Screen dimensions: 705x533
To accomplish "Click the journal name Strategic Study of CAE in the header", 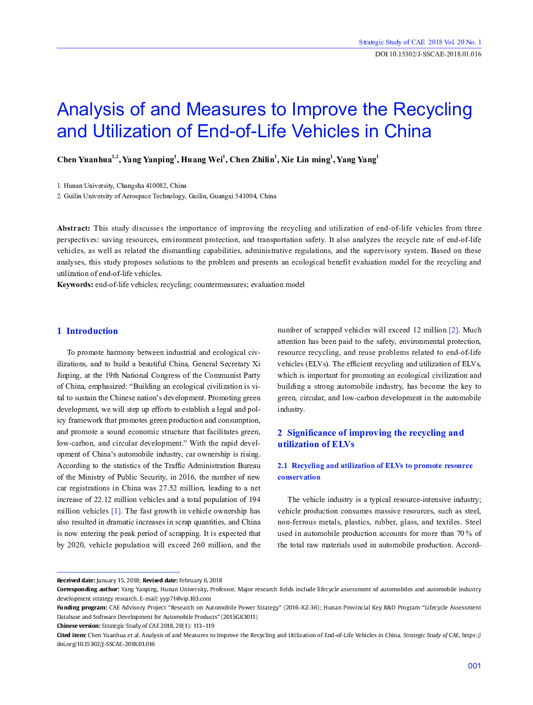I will [391, 42].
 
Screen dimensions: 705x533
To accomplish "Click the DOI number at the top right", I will [428, 54].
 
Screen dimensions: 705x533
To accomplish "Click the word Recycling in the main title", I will [432, 110].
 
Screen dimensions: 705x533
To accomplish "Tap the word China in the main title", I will [408, 132].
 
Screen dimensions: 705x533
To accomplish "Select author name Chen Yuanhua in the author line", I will [84, 160].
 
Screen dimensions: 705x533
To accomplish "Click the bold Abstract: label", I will [74, 229].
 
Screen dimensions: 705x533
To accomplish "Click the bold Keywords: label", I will [75, 285].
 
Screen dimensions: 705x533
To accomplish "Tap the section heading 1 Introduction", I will [87, 331].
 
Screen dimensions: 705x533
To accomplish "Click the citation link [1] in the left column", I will [116, 511].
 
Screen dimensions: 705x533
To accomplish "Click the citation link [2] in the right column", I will [454, 330].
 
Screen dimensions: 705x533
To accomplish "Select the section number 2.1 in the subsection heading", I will [282, 466].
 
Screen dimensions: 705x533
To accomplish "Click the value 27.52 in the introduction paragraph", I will [168, 488].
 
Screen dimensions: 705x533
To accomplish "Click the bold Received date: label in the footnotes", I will [76, 581].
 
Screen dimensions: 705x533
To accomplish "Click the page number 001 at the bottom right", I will [474, 666].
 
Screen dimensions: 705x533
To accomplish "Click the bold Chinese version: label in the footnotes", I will [78, 626].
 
